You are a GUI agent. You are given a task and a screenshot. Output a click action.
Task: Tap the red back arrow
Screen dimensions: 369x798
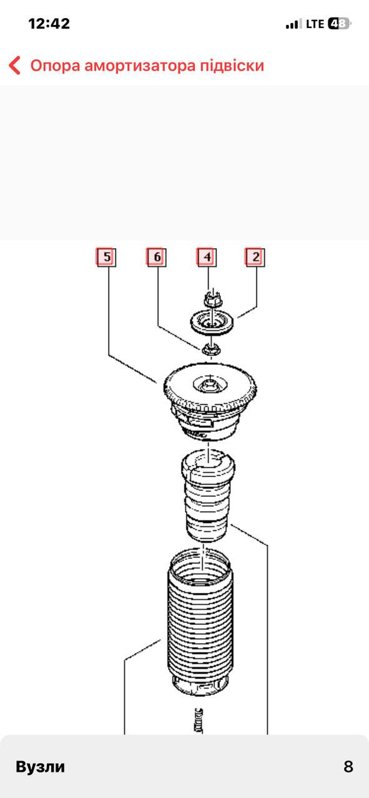14,65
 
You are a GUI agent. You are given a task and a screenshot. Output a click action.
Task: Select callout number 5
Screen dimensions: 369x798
106,257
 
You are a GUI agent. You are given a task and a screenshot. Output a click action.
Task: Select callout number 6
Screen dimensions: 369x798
157,257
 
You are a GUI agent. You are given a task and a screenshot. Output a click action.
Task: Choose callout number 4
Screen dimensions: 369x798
207,257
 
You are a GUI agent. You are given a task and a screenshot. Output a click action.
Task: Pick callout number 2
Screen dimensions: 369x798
255,257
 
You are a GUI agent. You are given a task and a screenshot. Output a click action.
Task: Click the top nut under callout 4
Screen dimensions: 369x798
213,299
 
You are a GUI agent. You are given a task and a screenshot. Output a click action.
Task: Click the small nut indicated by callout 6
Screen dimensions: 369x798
211,349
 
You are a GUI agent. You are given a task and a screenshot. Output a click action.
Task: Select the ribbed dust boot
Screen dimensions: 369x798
200,623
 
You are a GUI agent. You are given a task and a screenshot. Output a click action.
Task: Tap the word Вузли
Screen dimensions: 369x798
41,767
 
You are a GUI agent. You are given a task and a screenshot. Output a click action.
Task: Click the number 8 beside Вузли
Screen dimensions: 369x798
348,767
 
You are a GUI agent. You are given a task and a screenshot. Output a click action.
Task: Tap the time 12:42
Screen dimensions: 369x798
49,24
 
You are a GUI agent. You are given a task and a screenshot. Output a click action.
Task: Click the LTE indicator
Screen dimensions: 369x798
315,24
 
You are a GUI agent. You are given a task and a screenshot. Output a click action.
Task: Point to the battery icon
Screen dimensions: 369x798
340,24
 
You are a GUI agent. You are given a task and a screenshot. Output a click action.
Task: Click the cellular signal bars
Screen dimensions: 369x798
293,24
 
